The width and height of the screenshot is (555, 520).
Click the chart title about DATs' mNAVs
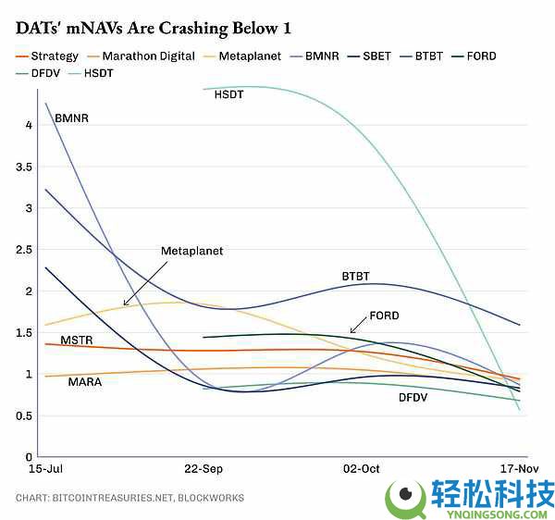(x=147, y=28)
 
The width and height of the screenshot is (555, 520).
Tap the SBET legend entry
(x=375, y=56)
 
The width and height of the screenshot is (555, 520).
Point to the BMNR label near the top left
(x=70, y=118)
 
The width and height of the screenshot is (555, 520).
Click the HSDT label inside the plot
(x=228, y=94)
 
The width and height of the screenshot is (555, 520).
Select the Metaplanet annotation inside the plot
(x=191, y=251)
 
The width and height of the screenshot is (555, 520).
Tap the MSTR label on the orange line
(x=76, y=340)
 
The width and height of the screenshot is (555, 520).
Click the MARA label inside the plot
(x=85, y=381)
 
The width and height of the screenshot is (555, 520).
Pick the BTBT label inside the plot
(x=355, y=277)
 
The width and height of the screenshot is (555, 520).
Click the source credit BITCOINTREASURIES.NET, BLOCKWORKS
(x=129, y=498)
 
